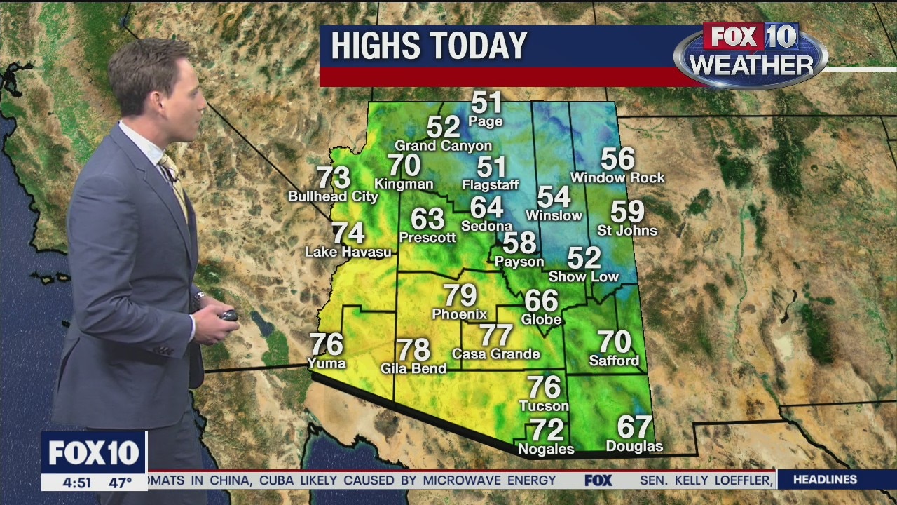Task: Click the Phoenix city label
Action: point(459,314)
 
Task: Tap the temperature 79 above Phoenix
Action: point(460,295)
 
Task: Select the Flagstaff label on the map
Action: point(490,185)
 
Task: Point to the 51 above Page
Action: point(487,102)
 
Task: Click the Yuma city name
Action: point(327,363)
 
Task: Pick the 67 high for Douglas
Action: point(634,426)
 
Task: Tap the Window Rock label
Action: point(617,178)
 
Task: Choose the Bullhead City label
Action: point(333,196)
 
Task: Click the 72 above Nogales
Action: point(547,429)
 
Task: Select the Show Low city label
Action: point(584,276)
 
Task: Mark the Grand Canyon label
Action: point(443,146)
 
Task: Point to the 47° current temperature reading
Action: point(120,483)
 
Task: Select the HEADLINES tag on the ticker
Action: point(825,480)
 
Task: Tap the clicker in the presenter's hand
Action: point(228,315)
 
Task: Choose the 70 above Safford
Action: point(614,342)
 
